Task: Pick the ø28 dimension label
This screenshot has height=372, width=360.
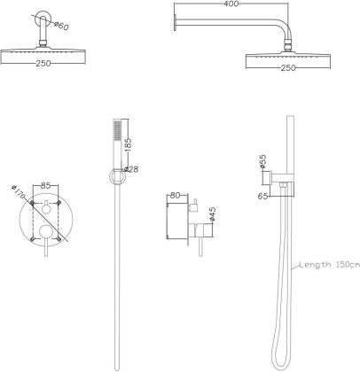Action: pyautogui.click(x=131, y=169)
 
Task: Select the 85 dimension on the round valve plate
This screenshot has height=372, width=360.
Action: pyautogui.click(x=44, y=187)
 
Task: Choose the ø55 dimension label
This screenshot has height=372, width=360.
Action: pyautogui.click(x=263, y=161)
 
